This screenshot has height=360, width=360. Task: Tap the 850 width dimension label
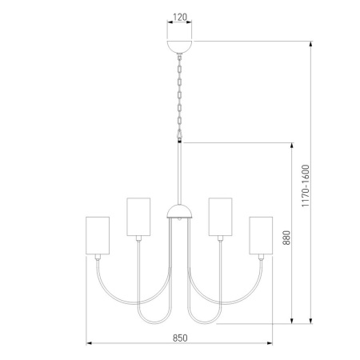pos(180,338)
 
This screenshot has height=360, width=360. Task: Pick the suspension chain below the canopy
pos(180,96)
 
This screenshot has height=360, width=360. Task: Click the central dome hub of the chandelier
pos(180,212)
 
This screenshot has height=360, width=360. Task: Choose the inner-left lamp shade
pos(139,216)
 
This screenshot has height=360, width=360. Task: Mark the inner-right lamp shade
pos(220,216)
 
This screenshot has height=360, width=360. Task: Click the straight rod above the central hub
pos(180,172)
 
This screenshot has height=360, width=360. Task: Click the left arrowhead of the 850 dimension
pos(88,345)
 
